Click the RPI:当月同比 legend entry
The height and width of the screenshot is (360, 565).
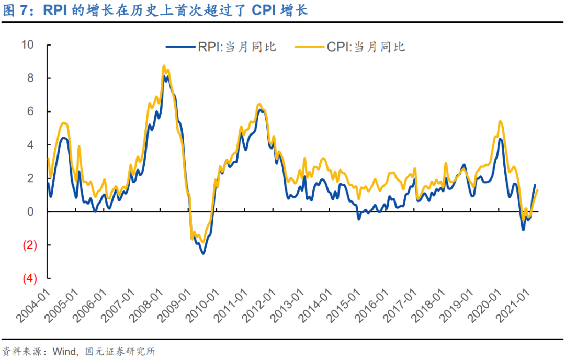click(222, 47)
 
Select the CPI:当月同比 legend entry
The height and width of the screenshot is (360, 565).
click(351, 47)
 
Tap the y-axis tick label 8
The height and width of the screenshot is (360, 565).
click(31, 78)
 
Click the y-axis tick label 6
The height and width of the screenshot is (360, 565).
click(31, 111)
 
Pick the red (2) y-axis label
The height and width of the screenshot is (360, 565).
click(29, 245)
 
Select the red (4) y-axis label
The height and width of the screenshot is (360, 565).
click(29, 278)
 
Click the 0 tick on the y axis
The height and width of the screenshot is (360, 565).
click(31, 212)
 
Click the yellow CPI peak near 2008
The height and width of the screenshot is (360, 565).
click(164, 66)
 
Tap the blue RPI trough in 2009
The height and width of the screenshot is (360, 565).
click(203, 253)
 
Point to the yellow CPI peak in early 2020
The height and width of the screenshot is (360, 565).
click(500, 121)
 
